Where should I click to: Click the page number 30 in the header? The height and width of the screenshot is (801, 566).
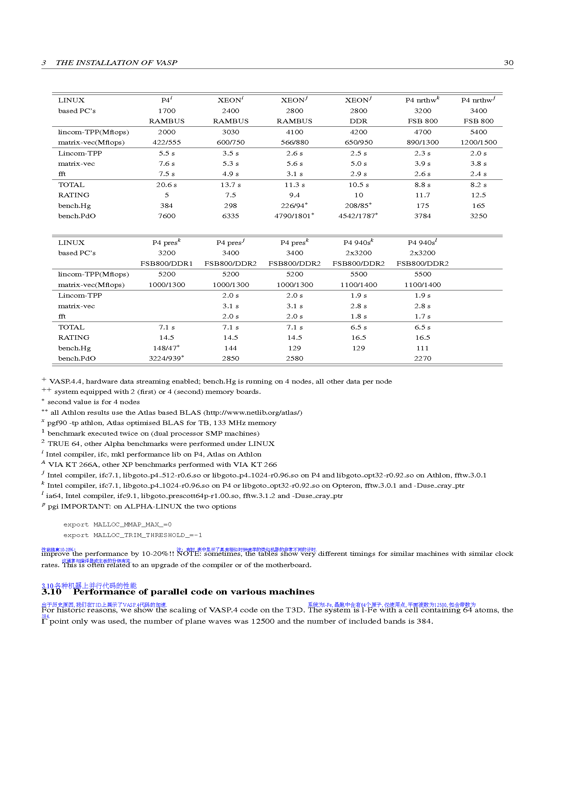coord(508,63)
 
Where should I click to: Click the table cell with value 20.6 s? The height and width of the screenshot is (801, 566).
coord(166,185)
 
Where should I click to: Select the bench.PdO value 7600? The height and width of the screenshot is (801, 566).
coord(166,216)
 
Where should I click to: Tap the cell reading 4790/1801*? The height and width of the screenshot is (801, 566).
coord(294,216)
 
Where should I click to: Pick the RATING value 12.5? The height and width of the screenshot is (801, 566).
coord(478,195)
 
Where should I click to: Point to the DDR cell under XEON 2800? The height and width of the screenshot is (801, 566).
coord(358,121)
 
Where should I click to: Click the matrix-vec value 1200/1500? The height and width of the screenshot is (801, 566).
coord(478,142)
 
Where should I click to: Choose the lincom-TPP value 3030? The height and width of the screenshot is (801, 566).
coord(230,132)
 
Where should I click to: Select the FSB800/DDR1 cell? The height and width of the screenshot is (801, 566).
coord(166,264)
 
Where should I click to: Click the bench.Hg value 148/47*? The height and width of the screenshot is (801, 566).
coord(166,348)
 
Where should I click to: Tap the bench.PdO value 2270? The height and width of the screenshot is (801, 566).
coord(422,359)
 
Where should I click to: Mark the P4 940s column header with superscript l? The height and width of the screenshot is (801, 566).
coord(422,242)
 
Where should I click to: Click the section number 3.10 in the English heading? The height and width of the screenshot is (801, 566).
coord(51,592)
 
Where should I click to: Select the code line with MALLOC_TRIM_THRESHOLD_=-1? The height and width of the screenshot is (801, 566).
coord(133,535)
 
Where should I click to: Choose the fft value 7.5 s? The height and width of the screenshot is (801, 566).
coord(166,174)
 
